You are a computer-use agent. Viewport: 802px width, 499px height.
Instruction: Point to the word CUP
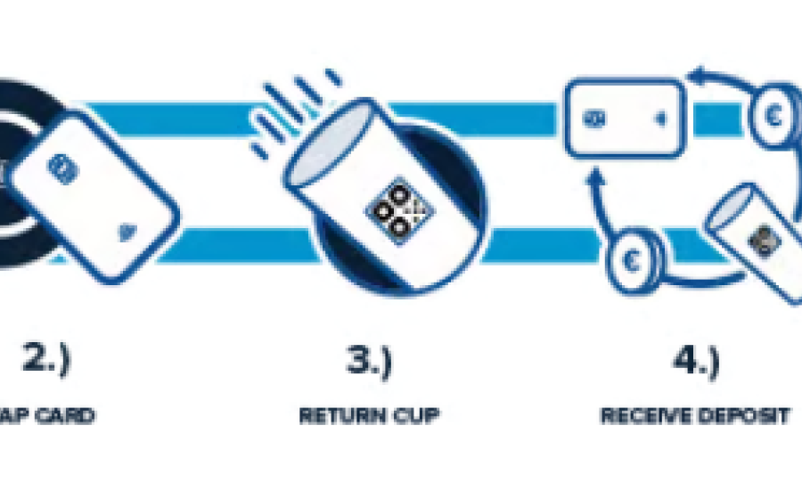pos(414,416)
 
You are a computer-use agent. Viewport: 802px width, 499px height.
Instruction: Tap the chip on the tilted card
pos(60,166)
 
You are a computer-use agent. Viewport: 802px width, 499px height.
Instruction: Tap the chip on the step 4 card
pos(591,118)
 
